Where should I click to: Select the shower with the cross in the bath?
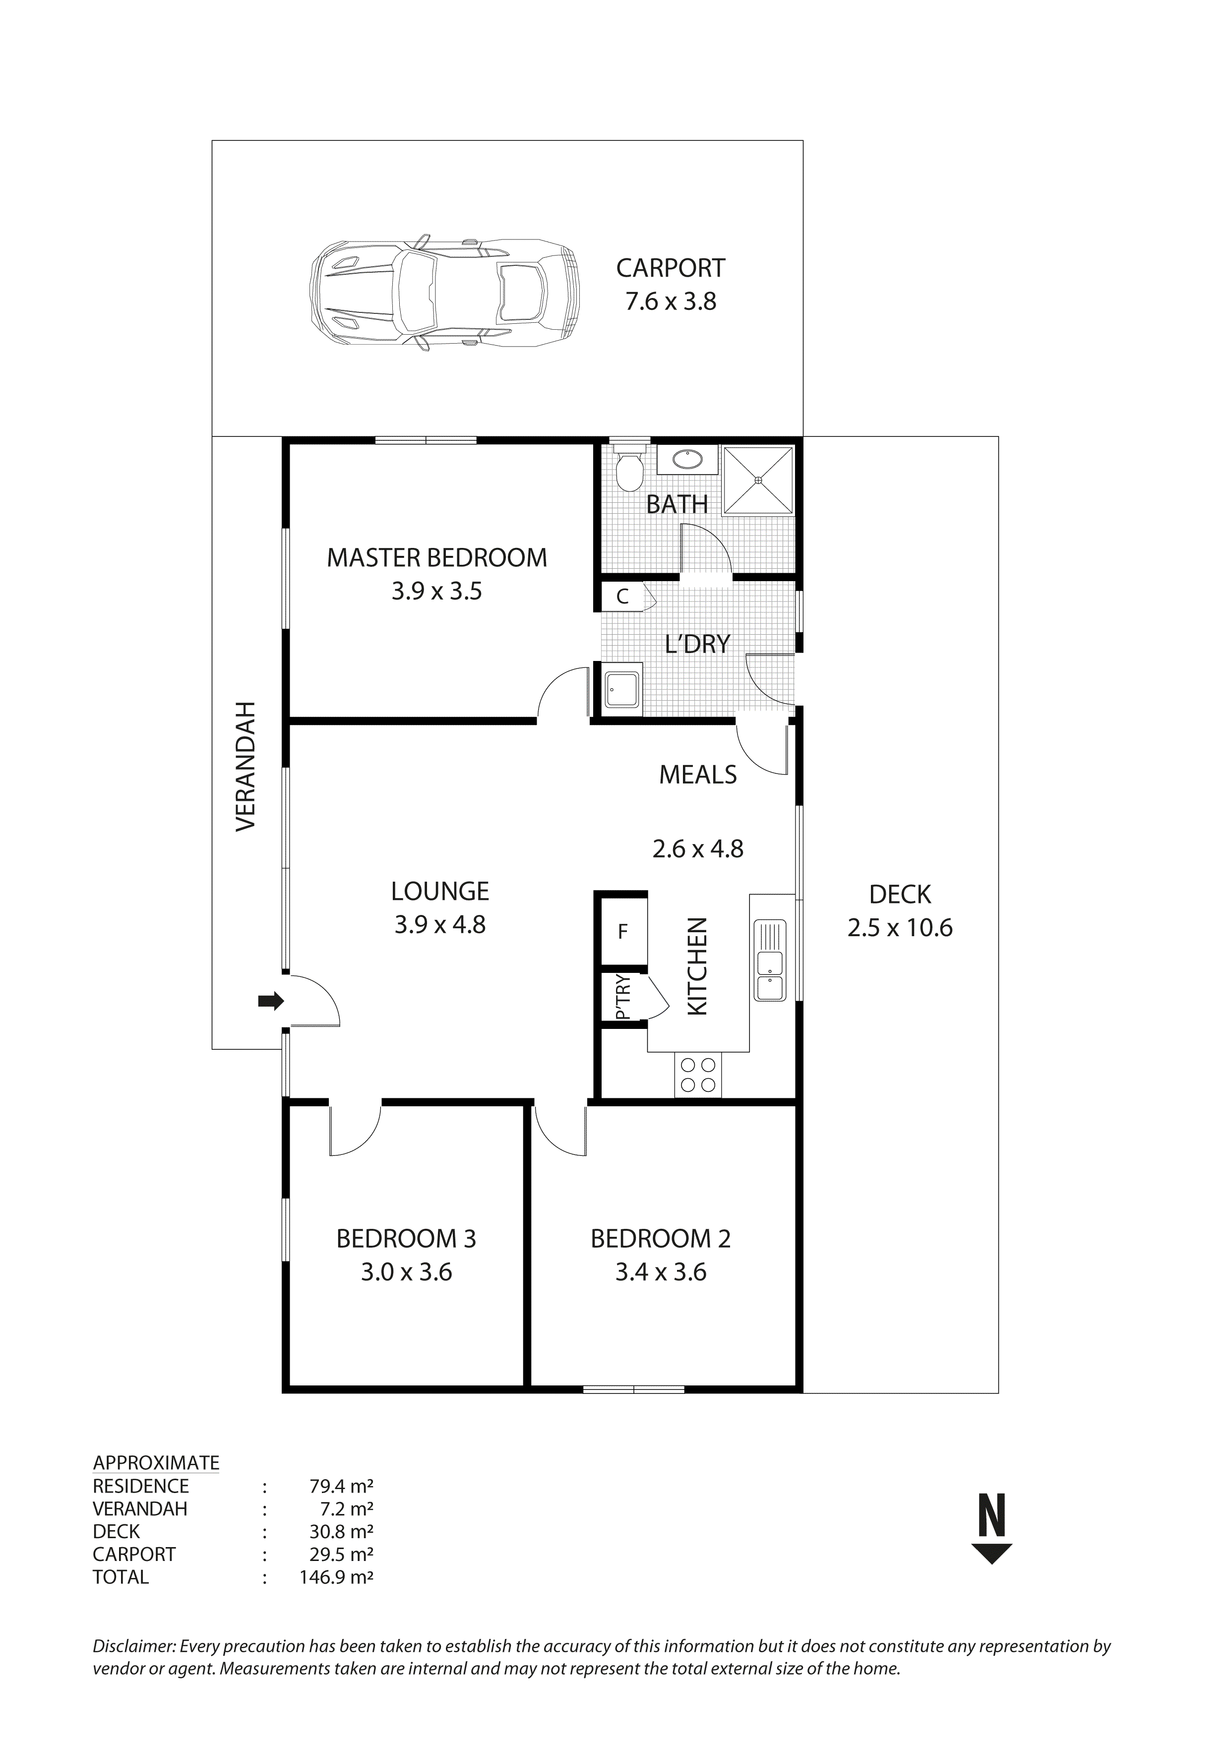point(758,480)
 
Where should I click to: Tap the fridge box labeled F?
point(622,932)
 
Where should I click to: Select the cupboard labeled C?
point(622,597)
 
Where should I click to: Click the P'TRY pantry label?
point(622,998)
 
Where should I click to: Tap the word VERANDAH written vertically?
point(246,767)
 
